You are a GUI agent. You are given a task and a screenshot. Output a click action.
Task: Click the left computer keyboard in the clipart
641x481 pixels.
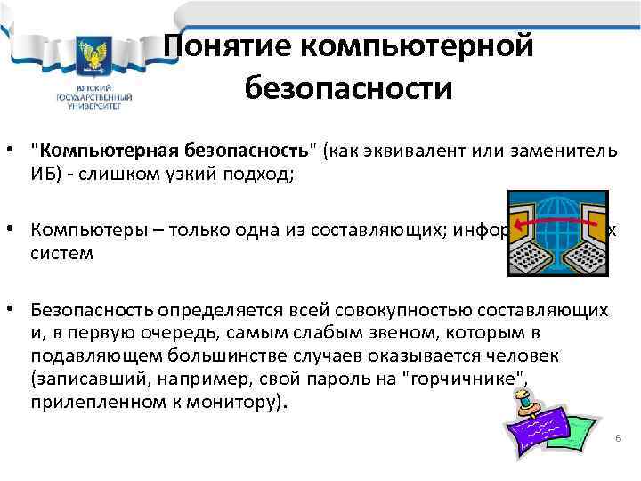point(530,259)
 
